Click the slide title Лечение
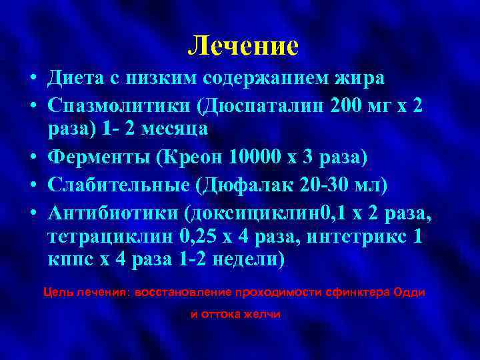coord(243,45)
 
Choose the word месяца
coord(173,129)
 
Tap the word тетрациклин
coord(113,237)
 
